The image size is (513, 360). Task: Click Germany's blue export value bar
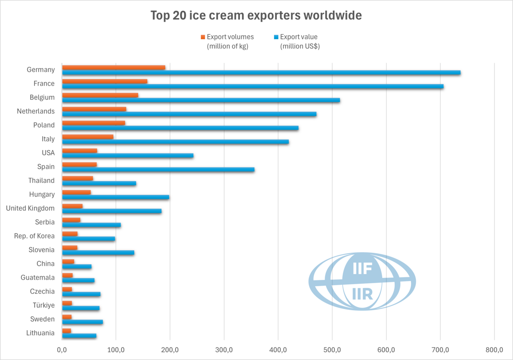click(x=261, y=73)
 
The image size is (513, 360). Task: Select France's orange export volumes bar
click(x=105, y=81)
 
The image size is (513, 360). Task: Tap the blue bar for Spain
click(x=158, y=169)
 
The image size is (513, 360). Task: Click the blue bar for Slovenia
click(x=98, y=253)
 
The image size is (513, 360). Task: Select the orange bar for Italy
click(x=88, y=137)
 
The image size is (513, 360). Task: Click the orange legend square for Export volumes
click(x=203, y=37)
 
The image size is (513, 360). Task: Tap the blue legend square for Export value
click(x=276, y=37)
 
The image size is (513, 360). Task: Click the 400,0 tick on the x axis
click(x=278, y=350)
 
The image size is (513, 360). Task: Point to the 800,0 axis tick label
click(x=494, y=350)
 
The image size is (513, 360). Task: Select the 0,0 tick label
click(x=62, y=350)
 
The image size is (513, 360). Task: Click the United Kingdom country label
click(x=30, y=208)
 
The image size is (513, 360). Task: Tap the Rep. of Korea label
click(x=34, y=236)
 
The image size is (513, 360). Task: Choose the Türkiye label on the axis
click(x=44, y=306)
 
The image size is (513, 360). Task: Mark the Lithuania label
click(x=40, y=333)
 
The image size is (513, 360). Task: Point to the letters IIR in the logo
click(x=362, y=294)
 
